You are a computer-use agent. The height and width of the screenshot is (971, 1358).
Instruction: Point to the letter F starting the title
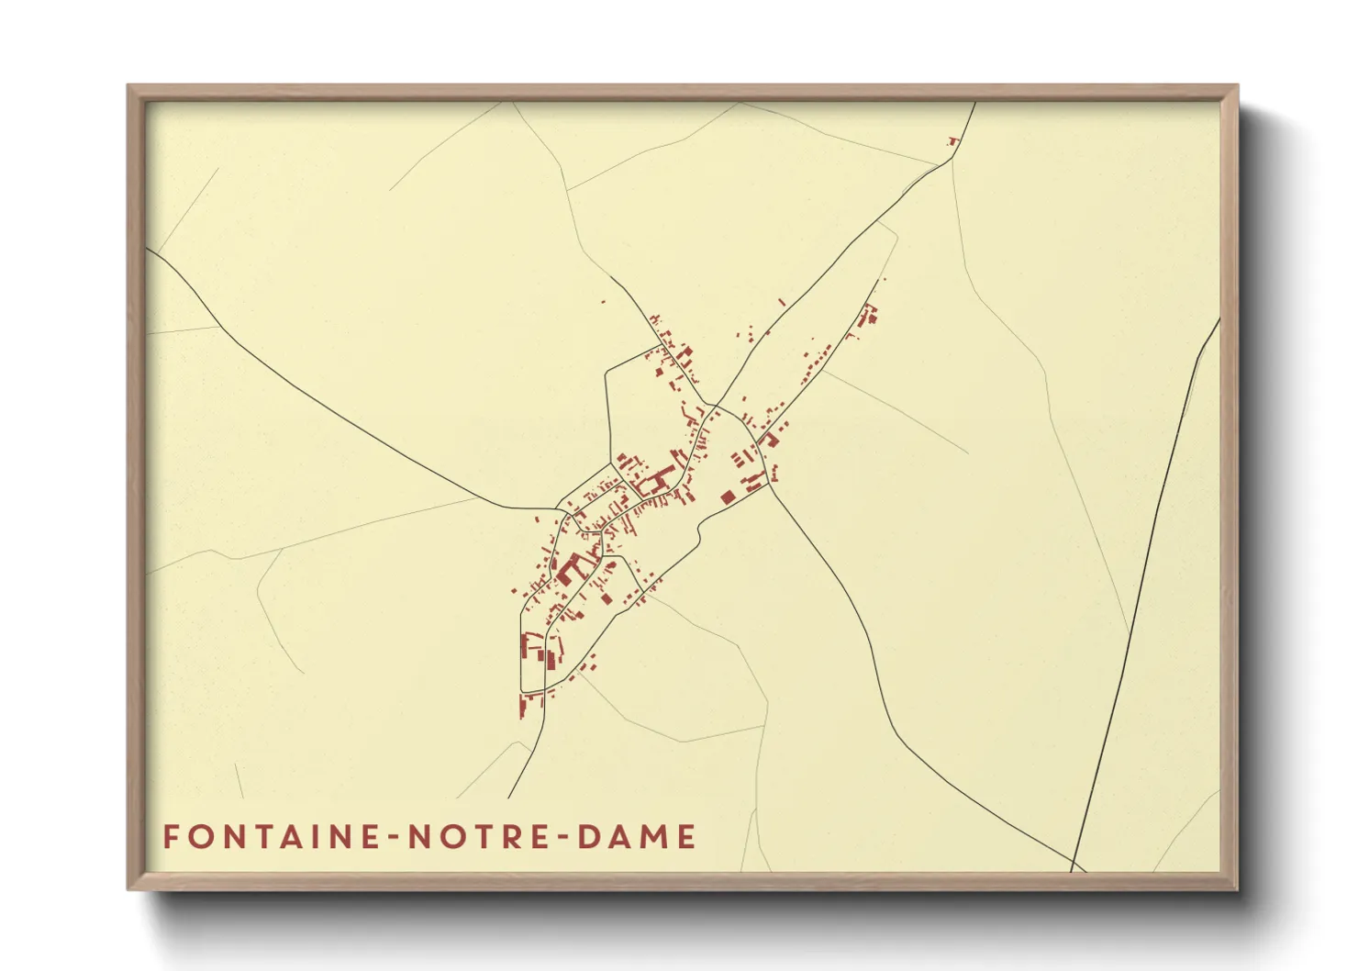point(171,837)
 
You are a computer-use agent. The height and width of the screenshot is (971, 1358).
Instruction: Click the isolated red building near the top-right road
point(952,140)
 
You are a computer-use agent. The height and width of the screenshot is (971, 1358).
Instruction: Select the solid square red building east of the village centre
point(728,497)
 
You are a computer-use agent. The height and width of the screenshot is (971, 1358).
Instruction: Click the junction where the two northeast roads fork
point(717,405)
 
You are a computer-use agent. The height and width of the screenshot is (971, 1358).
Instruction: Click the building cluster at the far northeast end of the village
point(867,317)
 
